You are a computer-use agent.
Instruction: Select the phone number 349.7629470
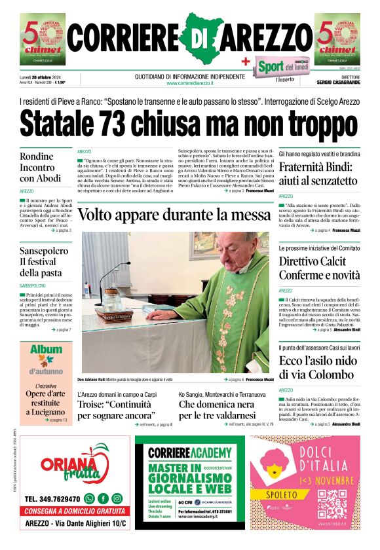pos(52,499)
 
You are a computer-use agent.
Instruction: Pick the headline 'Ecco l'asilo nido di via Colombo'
pos(318,368)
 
